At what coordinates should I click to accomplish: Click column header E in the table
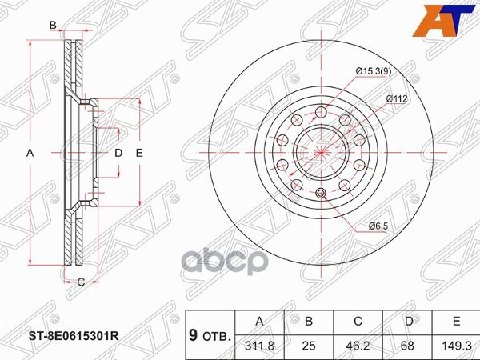point(454,321)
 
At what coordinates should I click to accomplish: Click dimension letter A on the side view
point(30,152)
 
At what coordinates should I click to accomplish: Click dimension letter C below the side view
point(81,281)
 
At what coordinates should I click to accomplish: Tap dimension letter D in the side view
point(118,152)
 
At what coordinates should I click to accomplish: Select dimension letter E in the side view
point(138,152)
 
